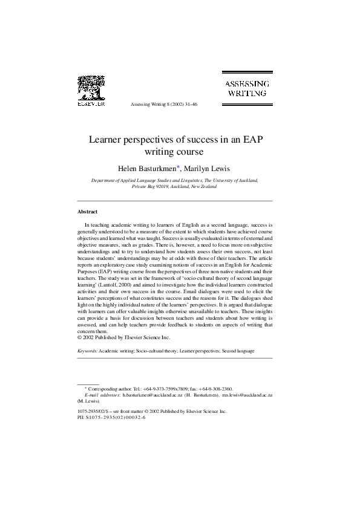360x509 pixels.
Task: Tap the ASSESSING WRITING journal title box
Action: pos(248,88)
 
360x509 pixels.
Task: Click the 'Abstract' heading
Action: pos(88,212)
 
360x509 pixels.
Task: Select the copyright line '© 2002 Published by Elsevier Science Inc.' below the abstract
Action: pos(124,337)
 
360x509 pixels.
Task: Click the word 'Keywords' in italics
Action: pos(89,351)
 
